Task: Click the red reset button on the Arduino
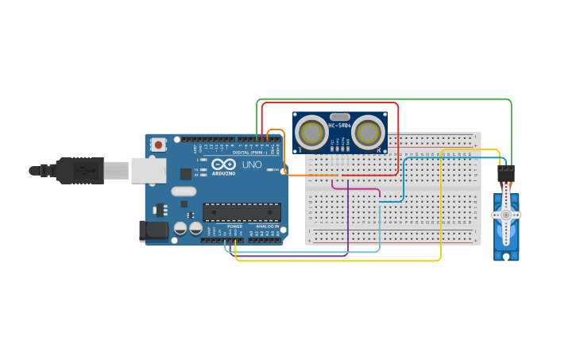159,145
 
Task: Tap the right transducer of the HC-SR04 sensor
368,132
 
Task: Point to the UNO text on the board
251,165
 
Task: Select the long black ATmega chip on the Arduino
242,212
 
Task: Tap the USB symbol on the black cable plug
79,170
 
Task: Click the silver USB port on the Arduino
149,170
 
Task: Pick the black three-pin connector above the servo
505,172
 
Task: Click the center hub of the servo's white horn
505,215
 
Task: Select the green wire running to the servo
381,99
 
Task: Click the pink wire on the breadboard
358,189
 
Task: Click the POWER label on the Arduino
235,226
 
